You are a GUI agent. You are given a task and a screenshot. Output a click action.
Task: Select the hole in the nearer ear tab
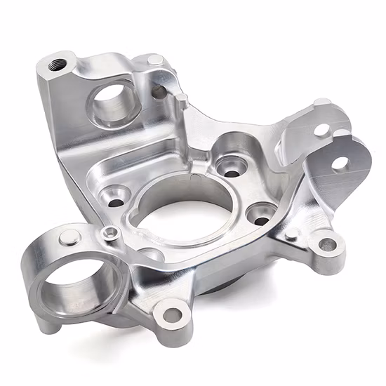[x=340, y=163]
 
